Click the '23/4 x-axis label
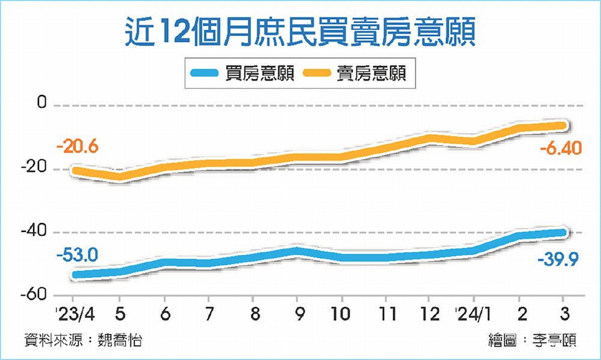click(x=73, y=314)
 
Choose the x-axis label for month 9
click(x=297, y=314)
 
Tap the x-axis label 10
click(x=341, y=314)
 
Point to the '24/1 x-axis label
click(x=472, y=314)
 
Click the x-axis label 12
click(x=430, y=314)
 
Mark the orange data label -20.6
click(x=77, y=147)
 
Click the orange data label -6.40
click(x=560, y=147)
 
